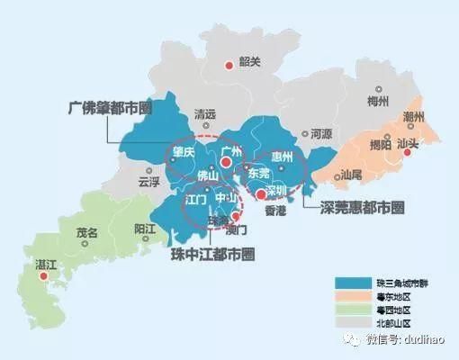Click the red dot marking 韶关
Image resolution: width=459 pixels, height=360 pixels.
229,65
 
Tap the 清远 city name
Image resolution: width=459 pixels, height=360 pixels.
205,115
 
